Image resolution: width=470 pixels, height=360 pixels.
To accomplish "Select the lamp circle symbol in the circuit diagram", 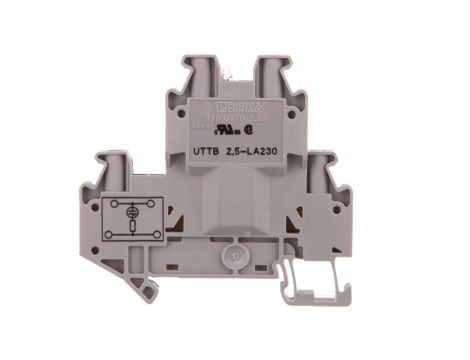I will tap(130, 211).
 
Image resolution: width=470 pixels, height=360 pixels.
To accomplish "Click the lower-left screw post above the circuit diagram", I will tap(112, 167).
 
